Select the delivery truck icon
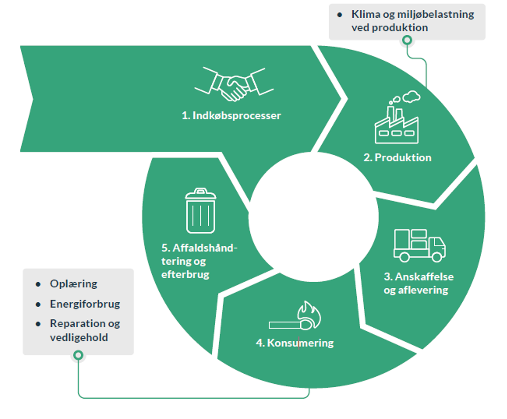pos(420,246)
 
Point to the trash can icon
pos(201,211)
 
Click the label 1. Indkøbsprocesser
pos(231,116)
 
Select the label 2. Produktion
pos(397,157)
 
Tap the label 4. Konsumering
pos(295,343)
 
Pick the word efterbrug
pos(185,274)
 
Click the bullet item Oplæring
pos(74,284)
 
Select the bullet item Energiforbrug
pos(85,304)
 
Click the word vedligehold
pos(79,337)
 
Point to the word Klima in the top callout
pos(366,14)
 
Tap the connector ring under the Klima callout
pos(407,40)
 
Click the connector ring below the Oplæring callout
pos(78,355)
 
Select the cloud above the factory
pos(411,96)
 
